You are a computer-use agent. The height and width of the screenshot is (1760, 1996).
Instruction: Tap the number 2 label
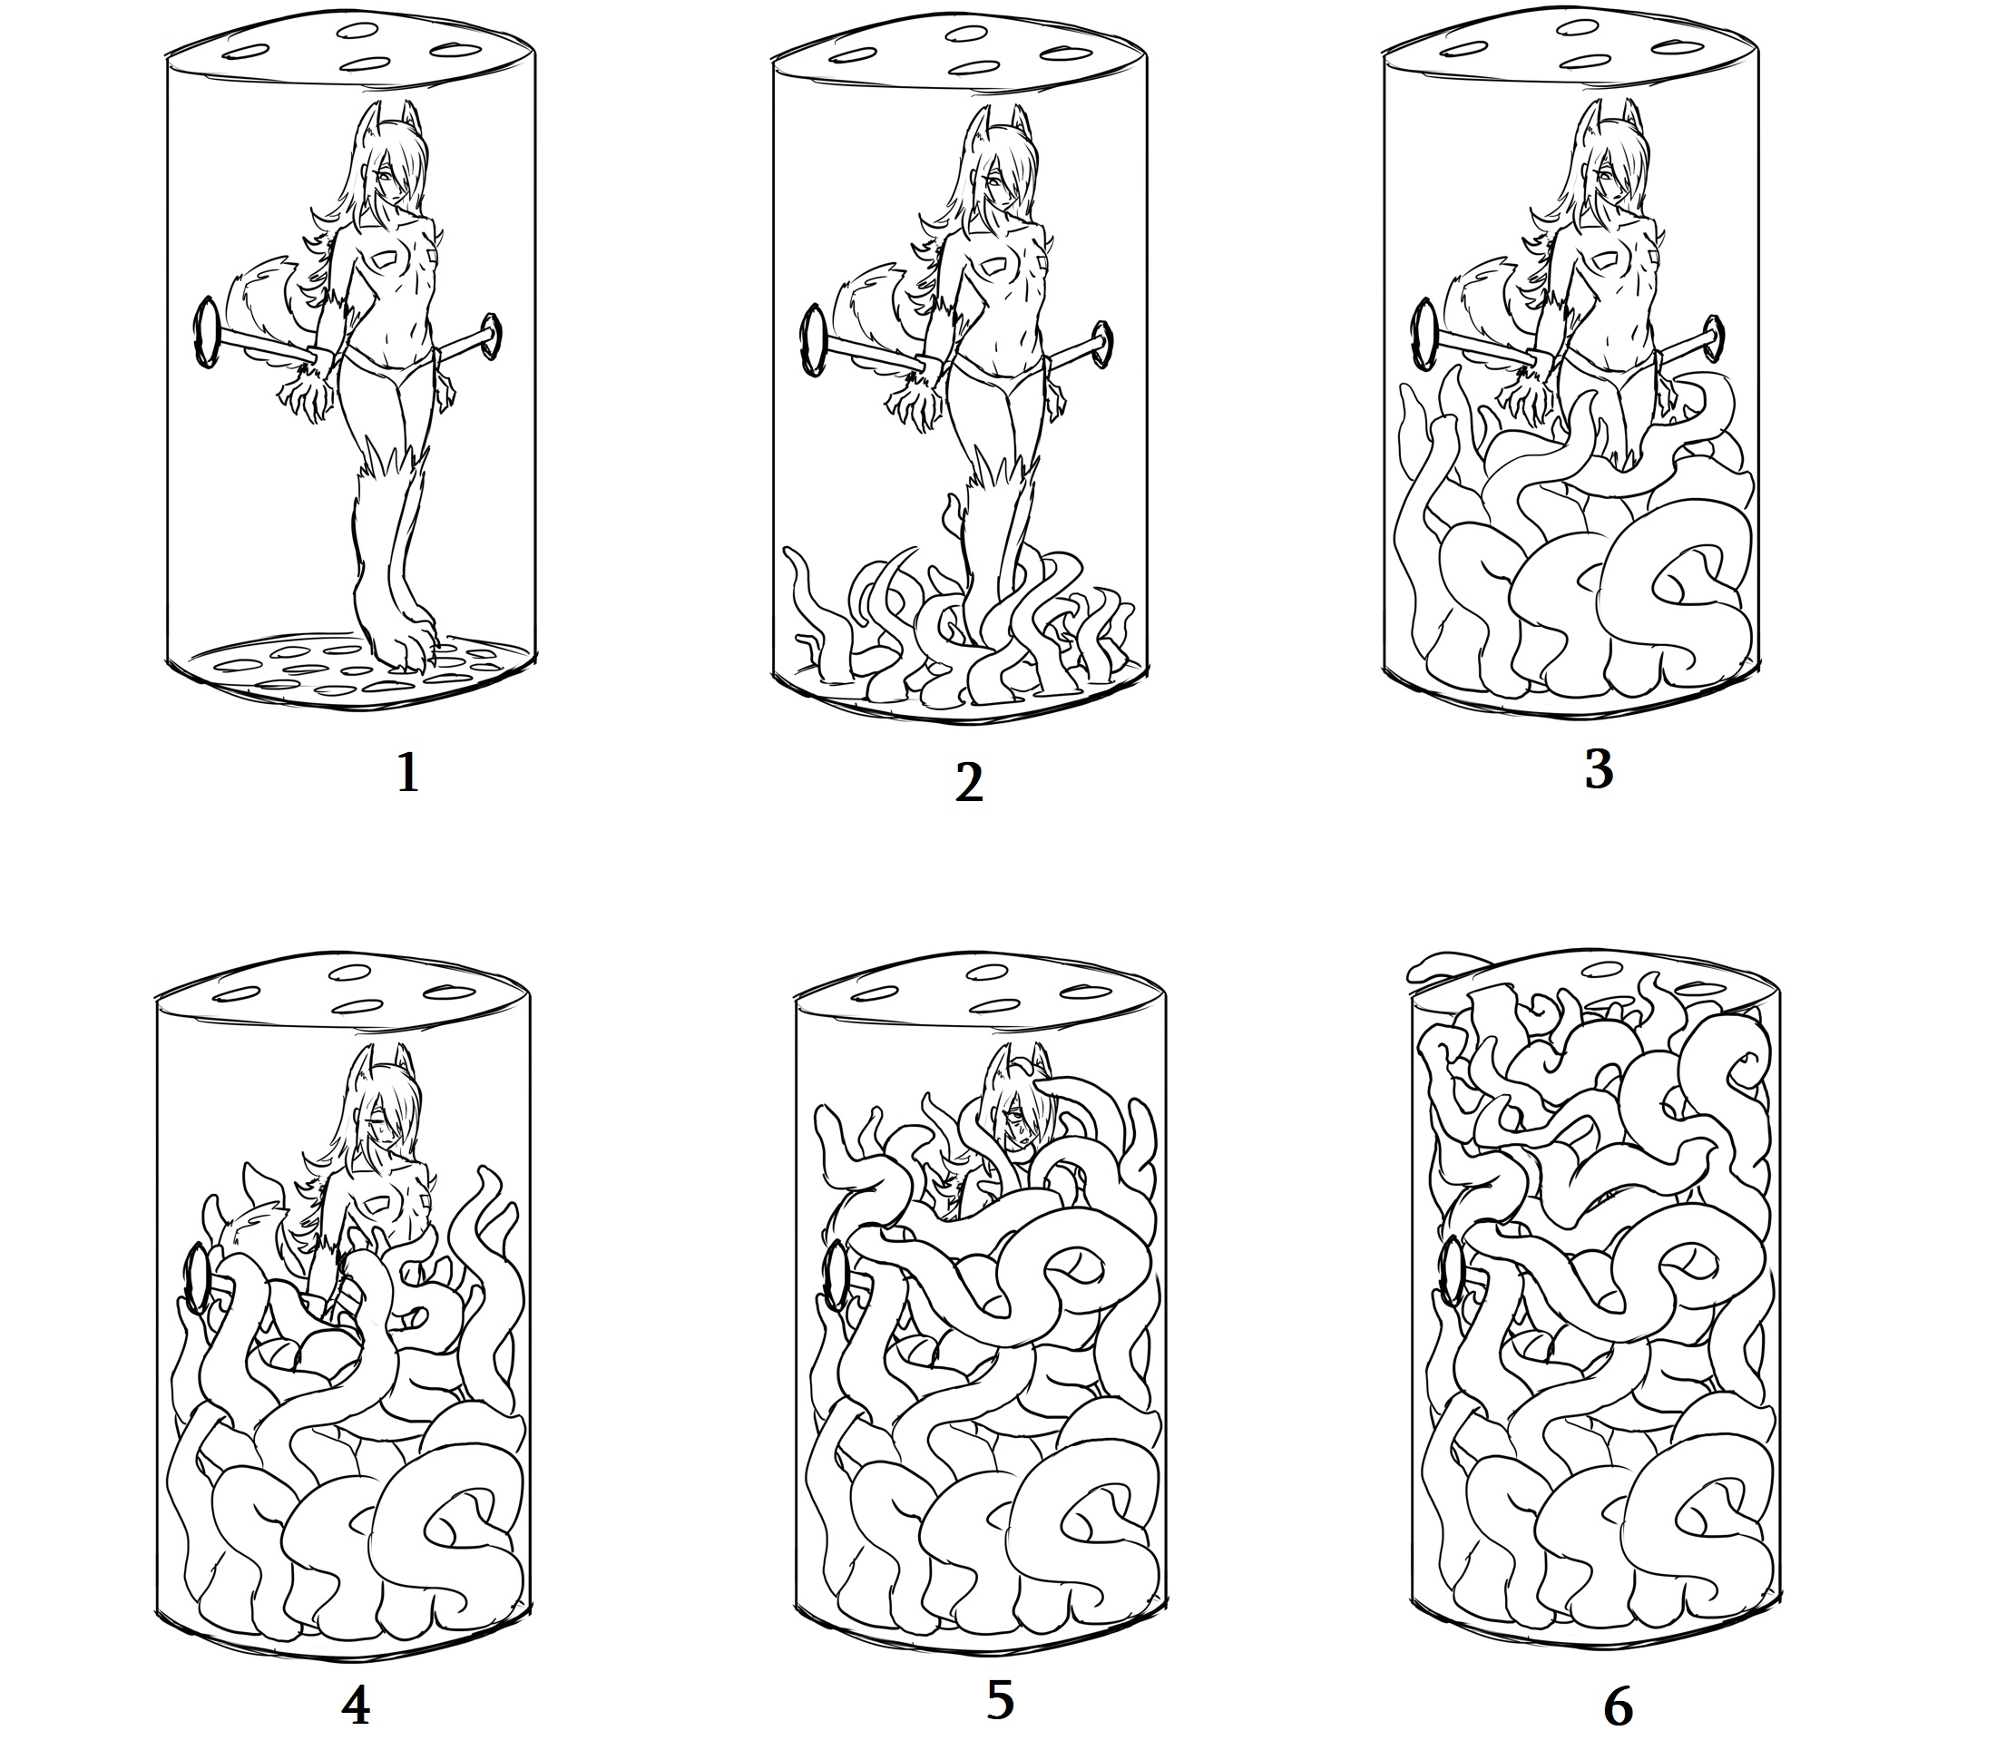click(x=968, y=783)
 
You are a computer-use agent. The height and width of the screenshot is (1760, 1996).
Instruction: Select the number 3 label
click(x=1598, y=769)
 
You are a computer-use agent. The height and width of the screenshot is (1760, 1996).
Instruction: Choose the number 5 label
click(x=1000, y=1700)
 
